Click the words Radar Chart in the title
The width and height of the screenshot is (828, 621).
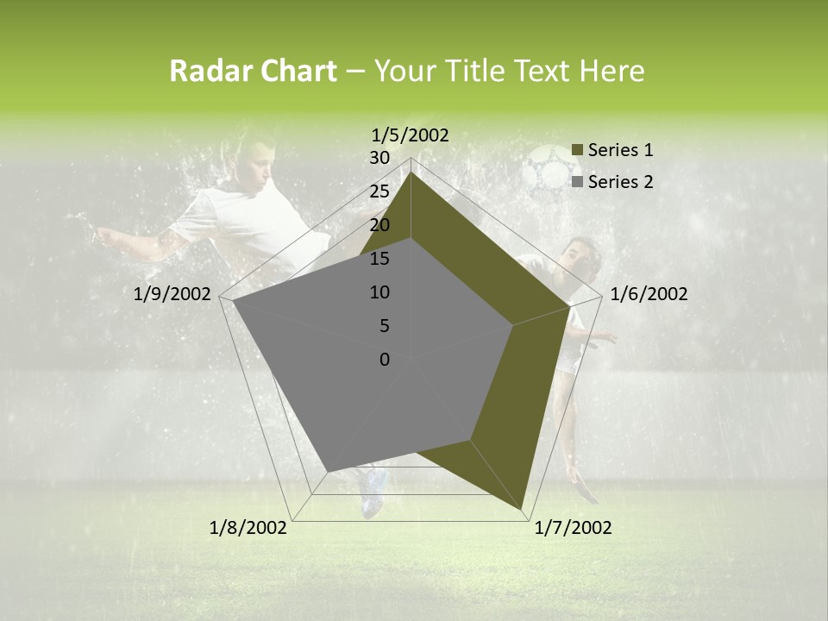pos(253,72)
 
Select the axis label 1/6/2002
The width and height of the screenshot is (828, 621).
pos(649,294)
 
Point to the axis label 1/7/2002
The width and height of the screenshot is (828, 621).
pos(573,528)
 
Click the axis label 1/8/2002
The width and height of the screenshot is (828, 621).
pos(248,528)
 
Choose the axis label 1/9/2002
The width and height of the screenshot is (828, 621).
pos(172,294)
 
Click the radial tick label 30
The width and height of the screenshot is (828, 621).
pos(379,158)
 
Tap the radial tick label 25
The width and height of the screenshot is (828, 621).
pos(379,191)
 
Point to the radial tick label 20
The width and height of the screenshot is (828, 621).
pos(379,225)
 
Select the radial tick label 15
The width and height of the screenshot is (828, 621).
pos(379,259)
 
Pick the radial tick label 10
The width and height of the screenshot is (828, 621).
pos(379,292)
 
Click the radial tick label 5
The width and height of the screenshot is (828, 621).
pos(384,326)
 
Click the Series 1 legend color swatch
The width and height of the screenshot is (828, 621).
pos(577,150)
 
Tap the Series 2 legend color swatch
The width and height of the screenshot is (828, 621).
pos(577,182)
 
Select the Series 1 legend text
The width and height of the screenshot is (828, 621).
pos(620,150)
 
